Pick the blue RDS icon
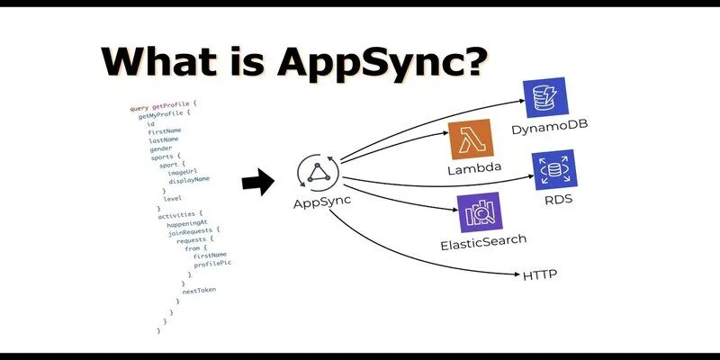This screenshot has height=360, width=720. pos(553,171)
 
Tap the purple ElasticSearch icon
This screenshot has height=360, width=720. pos(479,213)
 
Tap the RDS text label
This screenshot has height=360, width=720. pos(558,200)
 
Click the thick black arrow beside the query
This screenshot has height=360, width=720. pos(260,183)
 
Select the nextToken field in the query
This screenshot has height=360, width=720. pos(199,290)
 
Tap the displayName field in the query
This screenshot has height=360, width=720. pos(189,180)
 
